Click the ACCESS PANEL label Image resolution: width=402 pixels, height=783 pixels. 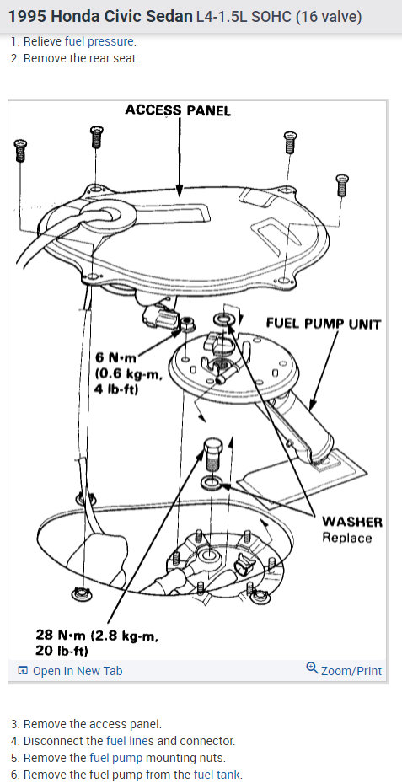pos(178,110)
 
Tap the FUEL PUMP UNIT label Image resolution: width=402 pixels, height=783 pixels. pos(324,324)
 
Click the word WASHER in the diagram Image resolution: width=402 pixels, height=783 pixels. pos(352,522)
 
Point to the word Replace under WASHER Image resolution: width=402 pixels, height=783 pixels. pos(347,538)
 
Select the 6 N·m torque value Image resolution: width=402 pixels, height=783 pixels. pos(116,358)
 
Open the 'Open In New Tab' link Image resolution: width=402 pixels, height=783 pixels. pos(70,671)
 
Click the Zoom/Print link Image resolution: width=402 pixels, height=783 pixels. pos(344,670)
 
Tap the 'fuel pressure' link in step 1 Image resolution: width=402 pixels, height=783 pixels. pos(99,41)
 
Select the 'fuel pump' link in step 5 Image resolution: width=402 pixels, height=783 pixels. pos(115,758)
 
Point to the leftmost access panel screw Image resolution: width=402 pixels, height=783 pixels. pos(20,150)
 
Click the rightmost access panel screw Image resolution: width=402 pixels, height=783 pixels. pos(342,185)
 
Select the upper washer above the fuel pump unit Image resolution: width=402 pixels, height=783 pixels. pos(222,318)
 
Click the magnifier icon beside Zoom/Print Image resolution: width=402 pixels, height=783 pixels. pos(312,668)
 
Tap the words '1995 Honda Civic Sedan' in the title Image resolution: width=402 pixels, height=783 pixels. pos(100,17)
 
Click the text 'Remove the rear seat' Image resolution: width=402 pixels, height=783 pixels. pos(81,58)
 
